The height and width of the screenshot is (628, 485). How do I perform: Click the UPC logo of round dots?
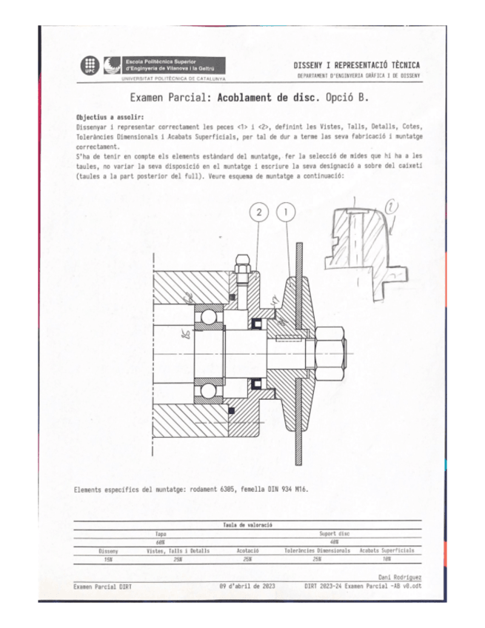88,65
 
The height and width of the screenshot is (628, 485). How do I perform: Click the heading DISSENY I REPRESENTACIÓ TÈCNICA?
356,65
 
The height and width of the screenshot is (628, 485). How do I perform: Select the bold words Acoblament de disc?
269,97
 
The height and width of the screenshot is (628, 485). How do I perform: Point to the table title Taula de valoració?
247,524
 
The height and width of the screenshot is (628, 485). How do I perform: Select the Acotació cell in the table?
247,551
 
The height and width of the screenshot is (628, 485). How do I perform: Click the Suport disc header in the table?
333,533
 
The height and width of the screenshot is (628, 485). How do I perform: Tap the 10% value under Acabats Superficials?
387,559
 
